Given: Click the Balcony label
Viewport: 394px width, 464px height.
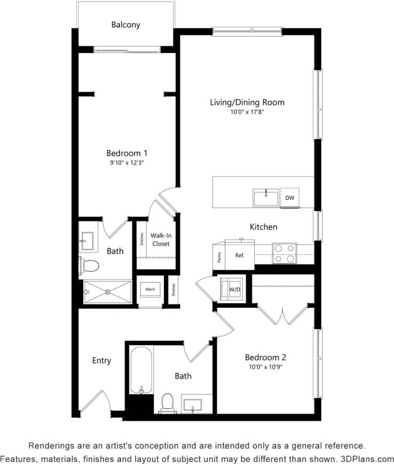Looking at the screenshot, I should (x=126, y=25).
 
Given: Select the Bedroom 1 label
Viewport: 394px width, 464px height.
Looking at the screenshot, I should (x=126, y=153).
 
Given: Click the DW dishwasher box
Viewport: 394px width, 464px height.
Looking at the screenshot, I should (x=290, y=197).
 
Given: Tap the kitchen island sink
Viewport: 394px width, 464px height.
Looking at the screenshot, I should (x=266, y=197).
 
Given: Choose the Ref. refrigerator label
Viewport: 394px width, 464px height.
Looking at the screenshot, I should (x=239, y=255).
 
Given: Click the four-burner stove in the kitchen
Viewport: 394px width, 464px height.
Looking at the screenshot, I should (x=284, y=253).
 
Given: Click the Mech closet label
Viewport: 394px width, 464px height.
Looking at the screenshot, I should (x=150, y=290).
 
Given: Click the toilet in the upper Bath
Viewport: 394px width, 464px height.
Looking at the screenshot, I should (x=90, y=265).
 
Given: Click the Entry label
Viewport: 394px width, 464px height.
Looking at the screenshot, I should (x=101, y=361).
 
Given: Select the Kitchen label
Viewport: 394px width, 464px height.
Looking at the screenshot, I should (x=263, y=227).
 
